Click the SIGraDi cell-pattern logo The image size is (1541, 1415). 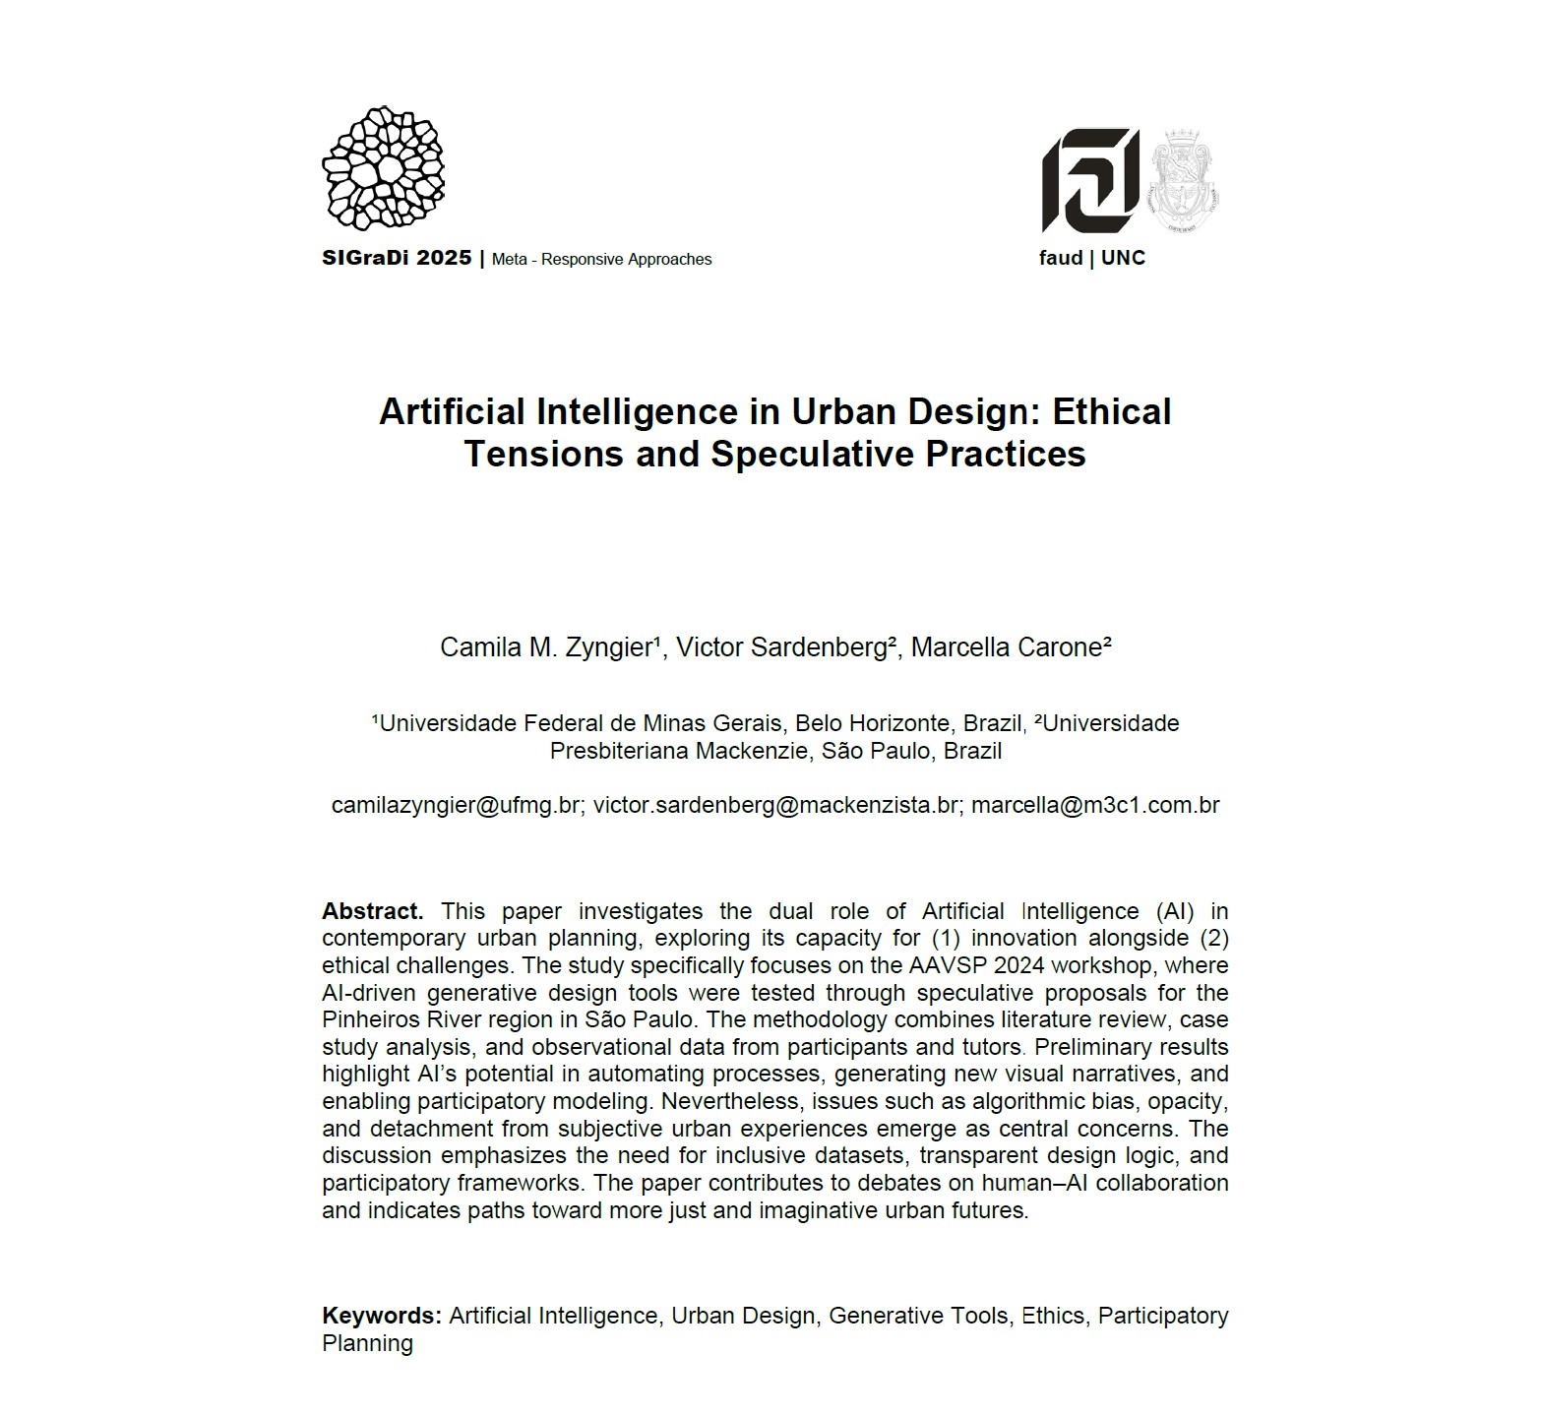coord(383,168)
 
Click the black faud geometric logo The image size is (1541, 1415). coord(1090,180)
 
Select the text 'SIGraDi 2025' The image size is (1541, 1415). coord(397,259)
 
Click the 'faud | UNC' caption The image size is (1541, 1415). coord(1092,258)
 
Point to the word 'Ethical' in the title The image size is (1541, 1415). coord(1112,411)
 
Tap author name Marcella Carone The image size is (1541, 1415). coord(1009,647)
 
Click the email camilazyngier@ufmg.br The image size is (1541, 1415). coord(457,805)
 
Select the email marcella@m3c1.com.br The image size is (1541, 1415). coord(1095,805)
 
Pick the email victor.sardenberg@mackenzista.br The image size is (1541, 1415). coord(776,805)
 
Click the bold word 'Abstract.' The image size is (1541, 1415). coord(372,911)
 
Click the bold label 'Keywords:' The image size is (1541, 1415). coord(382,1316)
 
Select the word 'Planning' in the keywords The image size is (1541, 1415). coord(367,1343)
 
